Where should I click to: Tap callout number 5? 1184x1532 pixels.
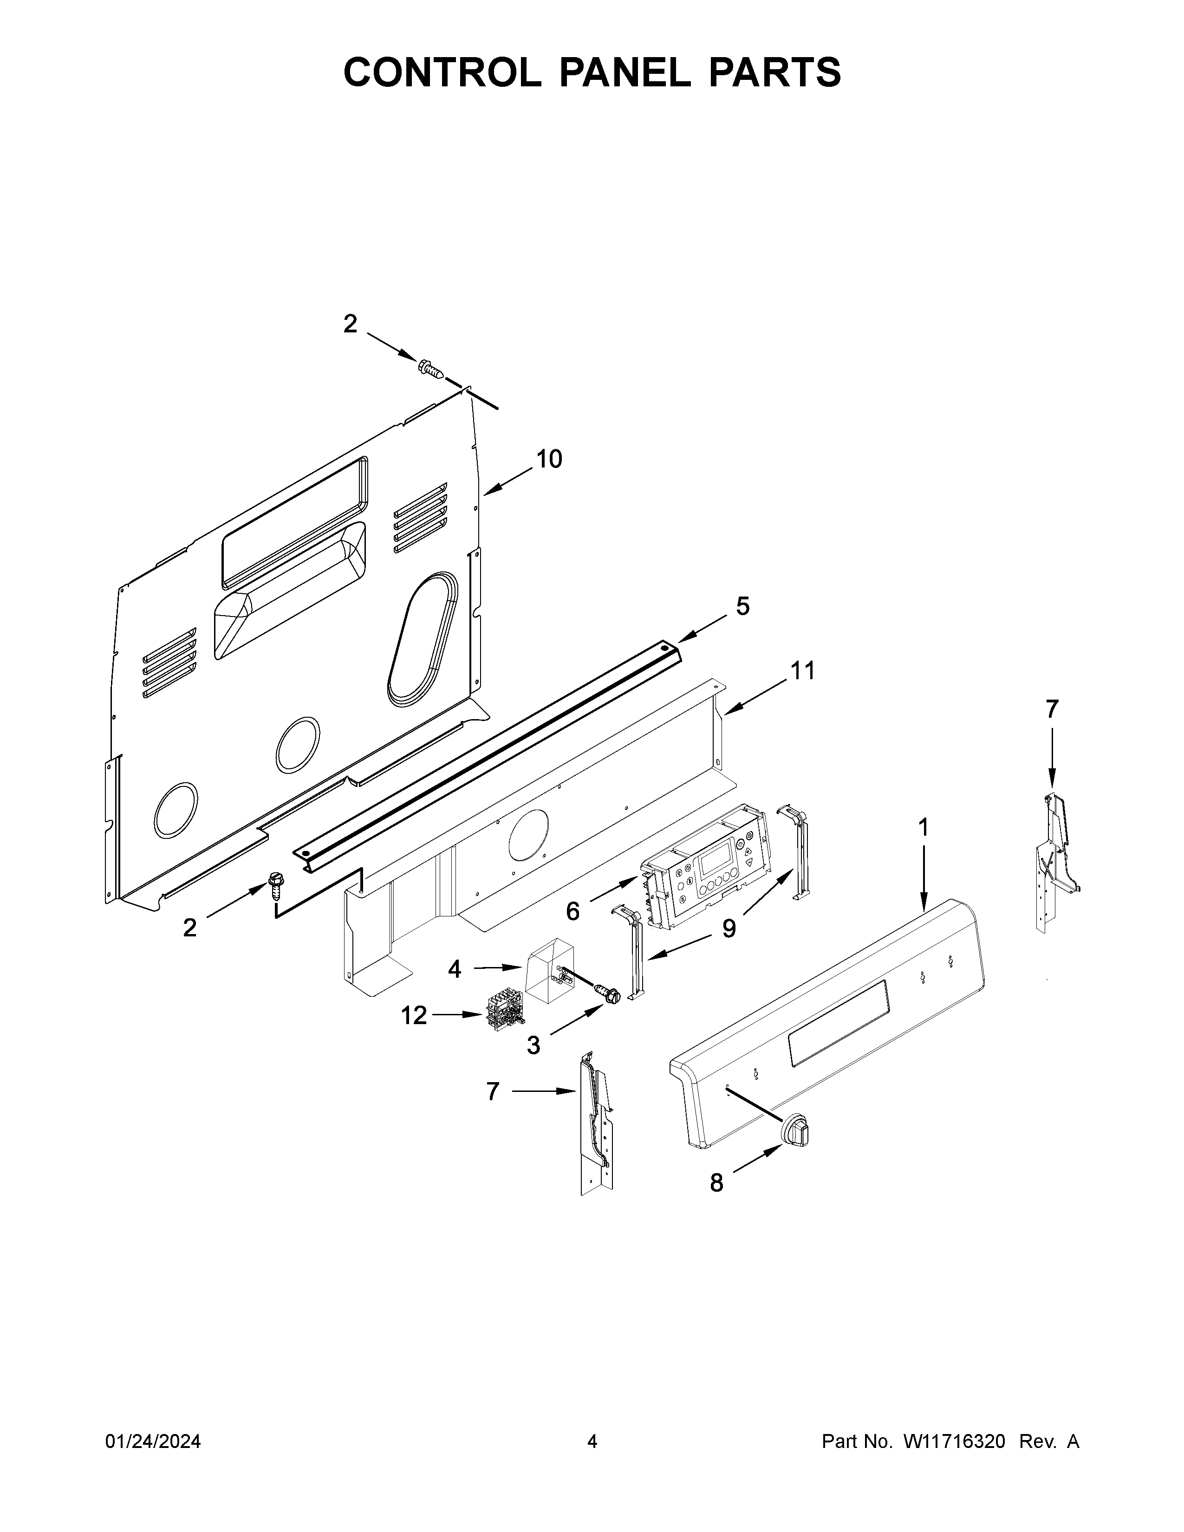pos(743,605)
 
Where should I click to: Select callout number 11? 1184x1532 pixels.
pos(803,671)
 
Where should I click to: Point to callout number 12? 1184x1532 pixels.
pos(414,1015)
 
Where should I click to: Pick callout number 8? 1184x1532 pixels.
pos(716,1183)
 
